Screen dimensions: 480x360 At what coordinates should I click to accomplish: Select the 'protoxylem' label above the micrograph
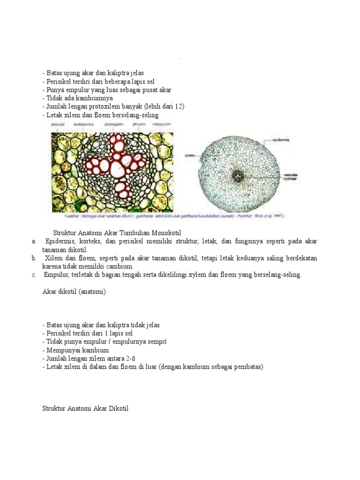click(x=114, y=124)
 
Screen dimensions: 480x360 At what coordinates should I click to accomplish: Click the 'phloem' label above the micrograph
click(x=139, y=124)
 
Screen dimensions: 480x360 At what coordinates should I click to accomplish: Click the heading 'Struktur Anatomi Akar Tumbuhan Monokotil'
click(x=117, y=232)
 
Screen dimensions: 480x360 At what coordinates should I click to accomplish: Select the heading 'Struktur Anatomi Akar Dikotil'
click(x=85, y=409)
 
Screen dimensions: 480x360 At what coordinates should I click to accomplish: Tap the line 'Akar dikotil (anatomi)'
click(x=75, y=292)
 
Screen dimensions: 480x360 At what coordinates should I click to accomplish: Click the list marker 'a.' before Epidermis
click(x=34, y=241)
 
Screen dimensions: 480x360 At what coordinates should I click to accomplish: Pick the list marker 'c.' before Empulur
click(x=34, y=275)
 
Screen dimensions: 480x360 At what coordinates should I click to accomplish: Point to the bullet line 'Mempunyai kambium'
click(x=76, y=350)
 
